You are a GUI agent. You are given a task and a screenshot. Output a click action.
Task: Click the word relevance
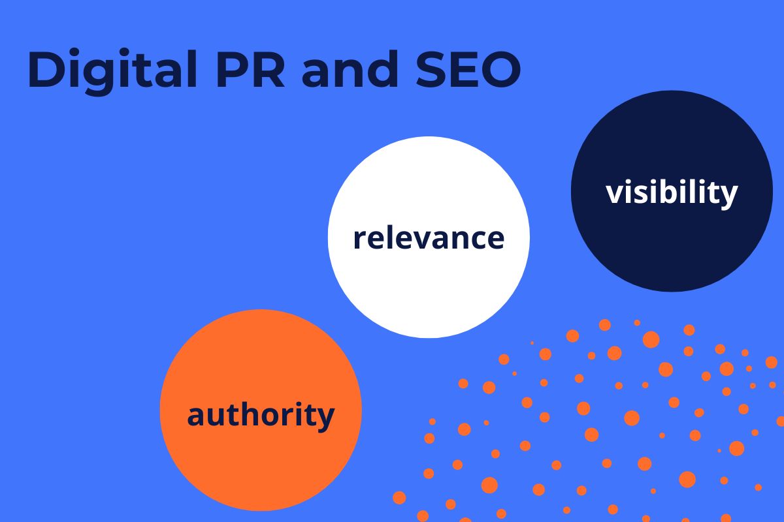(x=429, y=238)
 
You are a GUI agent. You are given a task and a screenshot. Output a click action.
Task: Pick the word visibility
(x=672, y=192)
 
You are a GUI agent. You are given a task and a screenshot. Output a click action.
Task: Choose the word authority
(x=261, y=415)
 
